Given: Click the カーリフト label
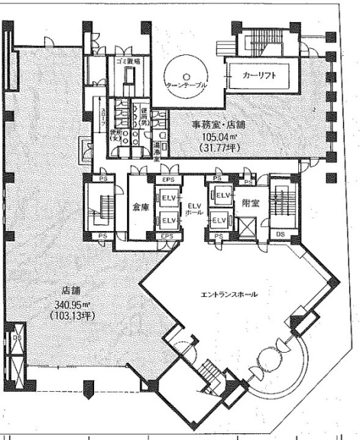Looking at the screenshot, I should click(260, 76).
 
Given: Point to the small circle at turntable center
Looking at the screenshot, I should click(186, 76).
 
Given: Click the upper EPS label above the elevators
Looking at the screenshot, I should click(168, 180).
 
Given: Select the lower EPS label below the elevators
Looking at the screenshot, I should click(168, 236).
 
